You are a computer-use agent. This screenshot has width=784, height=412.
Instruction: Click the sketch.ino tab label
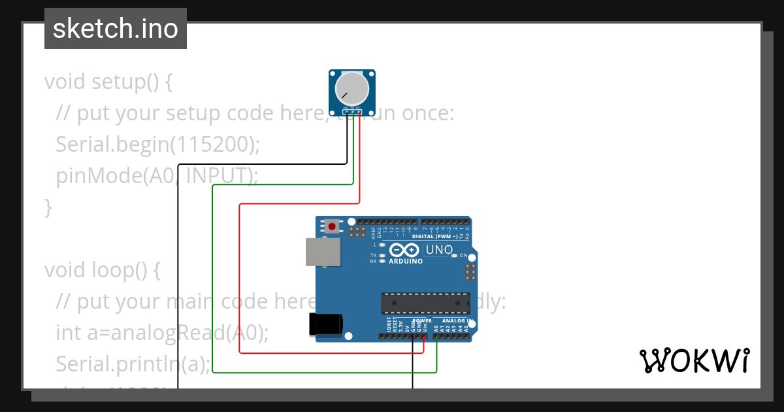[x=115, y=29]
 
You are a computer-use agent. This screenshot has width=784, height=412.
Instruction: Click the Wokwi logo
[x=694, y=360]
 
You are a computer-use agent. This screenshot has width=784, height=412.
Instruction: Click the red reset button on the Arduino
[x=333, y=227]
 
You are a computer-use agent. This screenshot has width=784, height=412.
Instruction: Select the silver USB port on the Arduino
[x=323, y=252]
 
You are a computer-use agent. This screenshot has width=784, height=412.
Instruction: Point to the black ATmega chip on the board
[x=425, y=303]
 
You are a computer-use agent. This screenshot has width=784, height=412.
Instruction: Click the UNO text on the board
[x=439, y=250]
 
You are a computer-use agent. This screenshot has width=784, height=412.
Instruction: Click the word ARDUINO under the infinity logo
[x=405, y=261]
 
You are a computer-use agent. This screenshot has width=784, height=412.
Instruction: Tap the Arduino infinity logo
[x=405, y=250]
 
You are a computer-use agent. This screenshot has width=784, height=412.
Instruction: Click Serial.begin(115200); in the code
[x=157, y=144]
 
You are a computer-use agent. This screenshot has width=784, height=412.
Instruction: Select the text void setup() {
[x=108, y=82]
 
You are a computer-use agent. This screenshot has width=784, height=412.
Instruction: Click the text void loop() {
[x=102, y=269]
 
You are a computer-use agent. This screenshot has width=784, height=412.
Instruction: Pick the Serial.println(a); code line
[x=133, y=363]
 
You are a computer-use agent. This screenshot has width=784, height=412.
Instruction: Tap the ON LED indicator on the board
[x=463, y=255]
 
